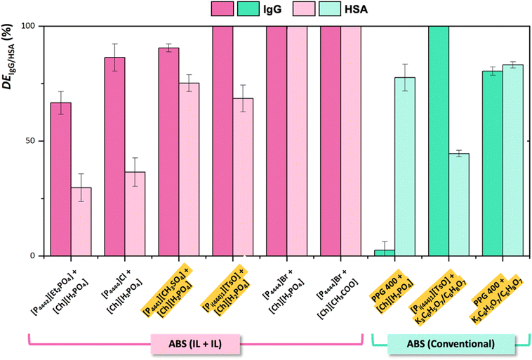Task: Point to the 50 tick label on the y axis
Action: pyautogui.click(x=32, y=141)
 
